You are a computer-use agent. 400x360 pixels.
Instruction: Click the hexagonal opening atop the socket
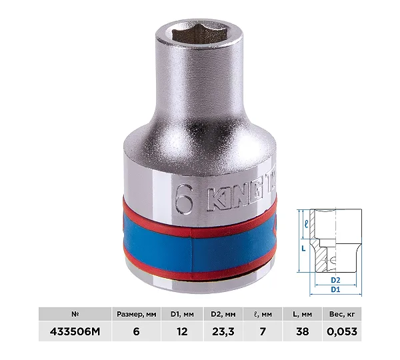pyautogui.click(x=196, y=36)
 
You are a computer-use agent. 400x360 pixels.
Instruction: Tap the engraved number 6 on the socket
pyautogui.click(x=184, y=199)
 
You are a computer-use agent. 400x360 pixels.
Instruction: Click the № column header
pyautogui.click(x=75, y=314)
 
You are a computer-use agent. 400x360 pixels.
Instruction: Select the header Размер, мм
pyautogui.click(x=137, y=314)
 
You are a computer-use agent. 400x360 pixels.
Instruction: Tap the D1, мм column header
pyautogui.click(x=182, y=314)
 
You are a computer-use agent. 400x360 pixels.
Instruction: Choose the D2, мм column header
pyautogui.click(x=223, y=314)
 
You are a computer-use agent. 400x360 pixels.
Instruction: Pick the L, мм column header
pyautogui.click(x=302, y=314)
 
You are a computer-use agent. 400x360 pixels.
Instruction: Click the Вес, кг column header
pyautogui.click(x=342, y=314)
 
